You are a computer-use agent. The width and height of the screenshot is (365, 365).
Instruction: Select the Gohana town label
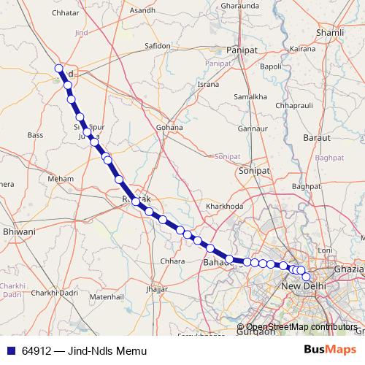[x=169, y=127]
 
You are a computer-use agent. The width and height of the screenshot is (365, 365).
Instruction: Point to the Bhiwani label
[x=19, y=231]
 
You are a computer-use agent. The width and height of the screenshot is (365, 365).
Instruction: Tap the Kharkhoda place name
[x=224, y=207]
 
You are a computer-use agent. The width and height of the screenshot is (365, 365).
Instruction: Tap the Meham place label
[x=59, y=178]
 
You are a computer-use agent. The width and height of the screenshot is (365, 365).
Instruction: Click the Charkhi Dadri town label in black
[x=55, y=293]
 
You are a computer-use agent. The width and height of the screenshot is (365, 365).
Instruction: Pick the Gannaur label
[x=252, y=128]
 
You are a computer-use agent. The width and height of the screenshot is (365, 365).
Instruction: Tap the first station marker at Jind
[x=59, y=69]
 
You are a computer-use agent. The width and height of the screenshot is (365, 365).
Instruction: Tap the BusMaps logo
[x=330, y=350]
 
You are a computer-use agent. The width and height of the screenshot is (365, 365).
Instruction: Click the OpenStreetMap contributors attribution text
[x=301, y=327]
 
